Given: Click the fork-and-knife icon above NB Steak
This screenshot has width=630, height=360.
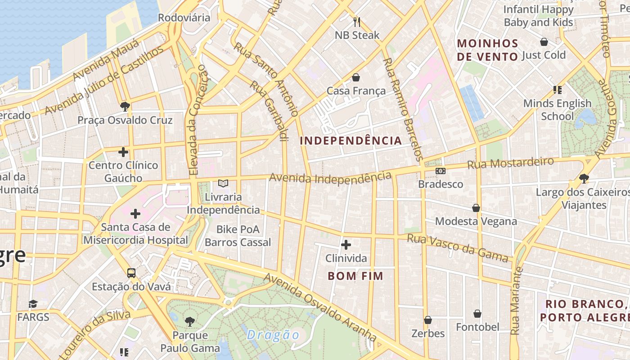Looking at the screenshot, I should click(356, 22).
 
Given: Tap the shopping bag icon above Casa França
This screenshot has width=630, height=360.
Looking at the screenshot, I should click(356, 77).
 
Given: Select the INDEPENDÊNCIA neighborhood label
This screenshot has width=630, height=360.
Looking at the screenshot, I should click(351, 140).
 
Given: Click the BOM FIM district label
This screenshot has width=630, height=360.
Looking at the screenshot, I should click(355, 276).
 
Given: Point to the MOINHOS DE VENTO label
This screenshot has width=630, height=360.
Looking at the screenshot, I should click(487, 50).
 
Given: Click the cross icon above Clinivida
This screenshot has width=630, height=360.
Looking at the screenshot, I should click(346, 245).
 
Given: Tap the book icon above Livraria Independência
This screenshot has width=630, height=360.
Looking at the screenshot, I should click(223, 183).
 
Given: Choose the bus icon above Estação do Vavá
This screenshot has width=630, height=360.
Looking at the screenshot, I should click(131, 273).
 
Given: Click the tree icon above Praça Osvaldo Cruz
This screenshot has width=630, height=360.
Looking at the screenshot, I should click(125, 107).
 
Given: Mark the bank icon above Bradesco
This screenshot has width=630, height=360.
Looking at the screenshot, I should click(441, 171).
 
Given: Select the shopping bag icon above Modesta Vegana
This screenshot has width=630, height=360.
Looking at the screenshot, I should click(476, 208).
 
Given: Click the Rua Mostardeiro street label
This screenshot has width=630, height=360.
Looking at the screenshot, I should click(510, 163).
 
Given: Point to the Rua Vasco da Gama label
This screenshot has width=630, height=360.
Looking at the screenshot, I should click(458, 247).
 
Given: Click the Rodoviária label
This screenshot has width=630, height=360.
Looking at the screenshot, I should click(184, 18).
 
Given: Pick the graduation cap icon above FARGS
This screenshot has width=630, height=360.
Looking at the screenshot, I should click(33, 304).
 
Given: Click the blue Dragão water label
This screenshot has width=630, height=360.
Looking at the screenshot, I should click(273, 335).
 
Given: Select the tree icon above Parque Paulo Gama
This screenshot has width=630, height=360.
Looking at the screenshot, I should click(190, 321).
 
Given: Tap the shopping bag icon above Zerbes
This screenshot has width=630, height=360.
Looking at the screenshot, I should click(428, 320).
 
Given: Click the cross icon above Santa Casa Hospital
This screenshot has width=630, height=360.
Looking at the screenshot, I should click(135, 214).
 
